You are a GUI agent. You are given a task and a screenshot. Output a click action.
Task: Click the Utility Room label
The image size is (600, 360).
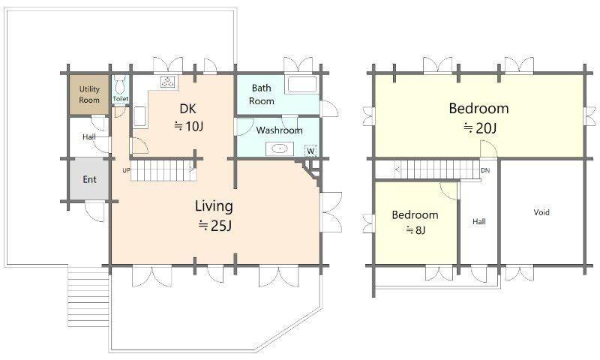(89, 94)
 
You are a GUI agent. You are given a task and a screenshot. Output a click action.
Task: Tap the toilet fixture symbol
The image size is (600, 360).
(120, 85)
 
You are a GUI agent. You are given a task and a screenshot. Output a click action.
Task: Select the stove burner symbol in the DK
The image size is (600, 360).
(168, 82)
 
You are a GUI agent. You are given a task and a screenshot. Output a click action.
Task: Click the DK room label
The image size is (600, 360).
(188, 109)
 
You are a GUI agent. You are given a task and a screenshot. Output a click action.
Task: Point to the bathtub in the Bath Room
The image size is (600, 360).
(302, 85)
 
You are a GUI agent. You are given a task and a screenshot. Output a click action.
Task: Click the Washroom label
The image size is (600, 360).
(279, 130)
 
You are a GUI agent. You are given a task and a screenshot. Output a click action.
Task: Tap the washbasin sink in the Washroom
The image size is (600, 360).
(280, 148)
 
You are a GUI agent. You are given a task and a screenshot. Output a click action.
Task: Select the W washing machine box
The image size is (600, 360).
(310, 151)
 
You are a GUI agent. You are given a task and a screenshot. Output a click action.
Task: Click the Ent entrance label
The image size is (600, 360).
(90, 179)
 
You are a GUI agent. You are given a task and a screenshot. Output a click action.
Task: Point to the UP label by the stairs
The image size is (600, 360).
(126, 170)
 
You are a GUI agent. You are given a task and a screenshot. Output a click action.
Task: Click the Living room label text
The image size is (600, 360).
(214, 206)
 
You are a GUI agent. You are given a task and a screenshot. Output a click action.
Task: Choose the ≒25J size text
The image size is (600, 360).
(214, 225)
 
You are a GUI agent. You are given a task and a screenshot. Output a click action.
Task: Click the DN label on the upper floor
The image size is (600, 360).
(485, 170)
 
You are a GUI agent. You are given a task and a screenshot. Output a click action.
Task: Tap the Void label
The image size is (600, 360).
(541, 212)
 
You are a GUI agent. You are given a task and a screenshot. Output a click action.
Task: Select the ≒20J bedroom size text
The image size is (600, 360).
(480, 127)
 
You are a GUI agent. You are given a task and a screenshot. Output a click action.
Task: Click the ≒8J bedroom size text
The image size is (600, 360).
(416, 230)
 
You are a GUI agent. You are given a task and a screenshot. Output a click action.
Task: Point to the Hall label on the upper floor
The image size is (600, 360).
(479, 221)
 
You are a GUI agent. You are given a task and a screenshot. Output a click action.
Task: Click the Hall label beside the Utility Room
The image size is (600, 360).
(89, 136)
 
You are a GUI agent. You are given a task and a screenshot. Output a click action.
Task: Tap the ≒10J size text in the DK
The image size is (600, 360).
(188, 126)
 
